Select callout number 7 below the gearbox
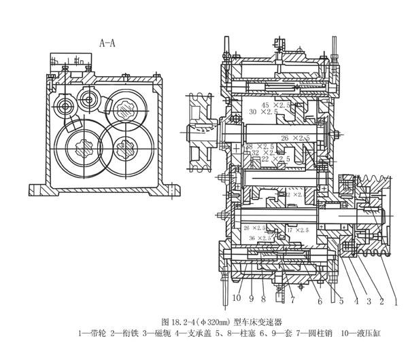292,300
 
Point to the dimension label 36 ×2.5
260,238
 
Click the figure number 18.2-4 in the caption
187,321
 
